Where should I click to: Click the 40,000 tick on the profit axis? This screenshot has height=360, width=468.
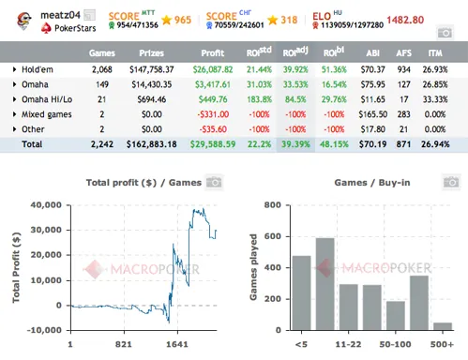(x=44, y=204)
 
